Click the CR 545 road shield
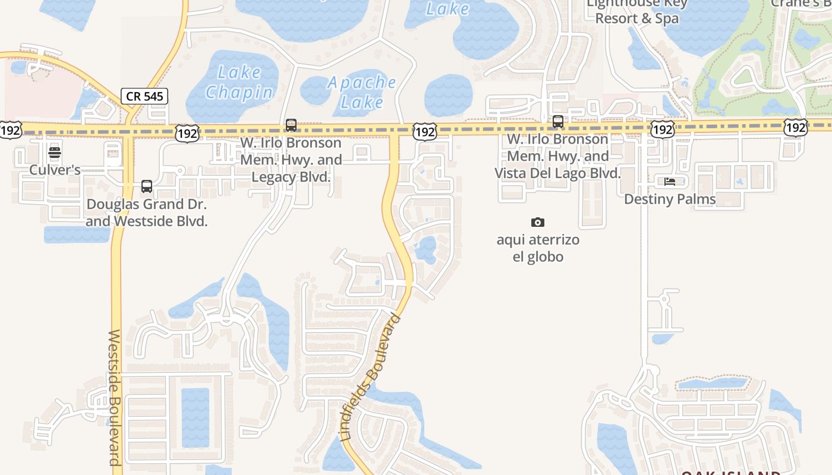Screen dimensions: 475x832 click(x=144, y=96)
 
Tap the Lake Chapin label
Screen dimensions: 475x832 click(x=239, y=83)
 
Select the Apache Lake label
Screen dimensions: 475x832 click(x=362, y=92)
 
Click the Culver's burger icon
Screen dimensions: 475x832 click(x=55, y=153)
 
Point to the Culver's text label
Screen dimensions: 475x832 click(x=55, y=170)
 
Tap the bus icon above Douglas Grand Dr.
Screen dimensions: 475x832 click(x=147, y=186)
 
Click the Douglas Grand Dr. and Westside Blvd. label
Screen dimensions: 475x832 click(x=147, y=213)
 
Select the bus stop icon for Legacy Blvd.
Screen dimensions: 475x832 click(x=291, y=125)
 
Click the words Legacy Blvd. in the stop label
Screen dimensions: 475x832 click(x=291, y=177)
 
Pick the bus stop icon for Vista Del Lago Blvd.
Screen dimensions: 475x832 click(x=558, y=122)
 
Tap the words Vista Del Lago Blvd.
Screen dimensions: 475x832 click(x=557, y=173)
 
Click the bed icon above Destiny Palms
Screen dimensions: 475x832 click(x=670, y=182)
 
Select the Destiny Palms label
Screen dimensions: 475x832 click(x=670, y=199)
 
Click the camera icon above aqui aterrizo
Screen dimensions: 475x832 click(x=538, y=223)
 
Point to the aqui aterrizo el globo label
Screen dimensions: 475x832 click(x=538, y=248)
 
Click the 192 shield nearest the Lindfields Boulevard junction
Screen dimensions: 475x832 click(x=425, y=132)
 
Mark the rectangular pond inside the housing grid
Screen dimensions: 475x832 click(x=196, y=417)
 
